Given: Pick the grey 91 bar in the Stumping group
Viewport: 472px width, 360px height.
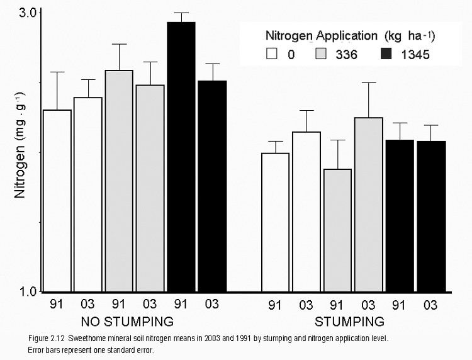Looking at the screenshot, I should pos(337,230).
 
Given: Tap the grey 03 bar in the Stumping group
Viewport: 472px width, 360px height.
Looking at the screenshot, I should pos(368,204).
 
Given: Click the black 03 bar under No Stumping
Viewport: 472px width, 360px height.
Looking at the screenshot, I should pos(213,186).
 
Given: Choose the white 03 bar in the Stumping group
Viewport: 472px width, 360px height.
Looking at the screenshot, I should pos(306,211).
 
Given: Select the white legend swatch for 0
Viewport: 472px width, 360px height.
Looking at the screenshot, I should pos(272,54).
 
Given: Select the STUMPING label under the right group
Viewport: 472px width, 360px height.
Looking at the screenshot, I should pos(350,322).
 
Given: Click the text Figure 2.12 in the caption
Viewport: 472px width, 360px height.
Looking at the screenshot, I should pos(53,339).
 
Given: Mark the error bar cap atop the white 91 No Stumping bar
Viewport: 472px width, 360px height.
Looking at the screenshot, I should pos(57,72).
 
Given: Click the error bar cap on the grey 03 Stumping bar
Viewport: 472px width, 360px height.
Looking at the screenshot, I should pos(368,82).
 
